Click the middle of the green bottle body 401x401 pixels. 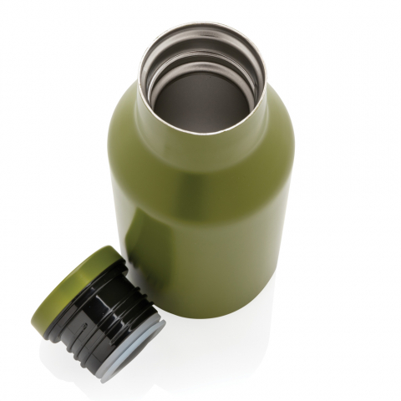(209, 217)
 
